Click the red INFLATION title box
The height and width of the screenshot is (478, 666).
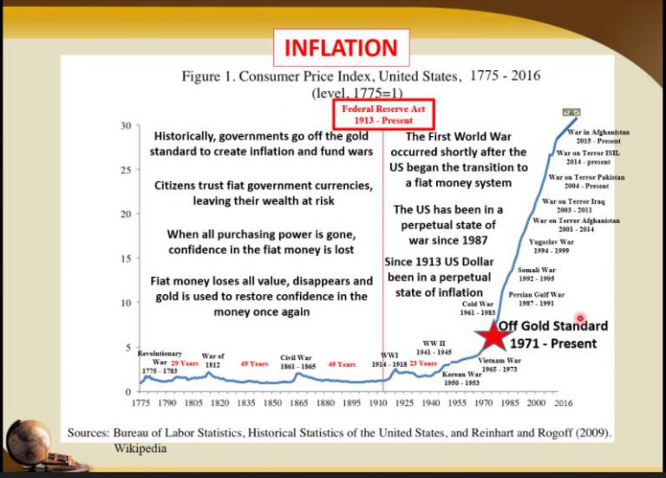(x=341, y=48)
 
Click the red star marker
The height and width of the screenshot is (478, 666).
(x=493, y=335)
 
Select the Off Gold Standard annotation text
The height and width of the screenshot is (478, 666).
(x=552, y=335)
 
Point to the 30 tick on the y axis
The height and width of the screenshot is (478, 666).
(x=125, y=125)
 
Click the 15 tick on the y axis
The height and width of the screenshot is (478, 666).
(x=125, y=259)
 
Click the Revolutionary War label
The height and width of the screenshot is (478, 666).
(x=160, y=362)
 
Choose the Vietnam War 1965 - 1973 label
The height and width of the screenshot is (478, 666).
(x=500, y=364)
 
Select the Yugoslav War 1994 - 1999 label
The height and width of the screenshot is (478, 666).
(x=552, y=246)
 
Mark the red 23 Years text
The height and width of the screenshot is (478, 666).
(x=423, y=364)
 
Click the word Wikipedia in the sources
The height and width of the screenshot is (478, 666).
(x=140, y=449)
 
